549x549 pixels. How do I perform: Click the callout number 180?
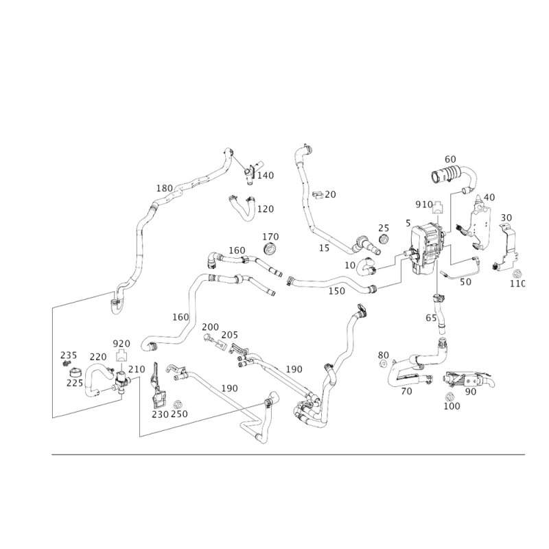click(165, 188)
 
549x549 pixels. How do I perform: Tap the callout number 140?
click(266, 176)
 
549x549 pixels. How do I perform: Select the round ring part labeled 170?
click(270, 248)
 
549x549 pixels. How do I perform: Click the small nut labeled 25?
click(384, 240)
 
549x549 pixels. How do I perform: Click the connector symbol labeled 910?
click(438, 207)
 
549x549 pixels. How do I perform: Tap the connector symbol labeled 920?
click(121, 355)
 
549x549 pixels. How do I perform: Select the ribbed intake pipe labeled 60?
click(454, 177)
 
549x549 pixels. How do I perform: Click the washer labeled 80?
click(383, 364)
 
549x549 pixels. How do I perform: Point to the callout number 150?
click(336, 291)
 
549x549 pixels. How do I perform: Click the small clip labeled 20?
click(318, 195)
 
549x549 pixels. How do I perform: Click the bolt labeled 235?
click(65, 364)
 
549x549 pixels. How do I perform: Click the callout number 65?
click(431, 318)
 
